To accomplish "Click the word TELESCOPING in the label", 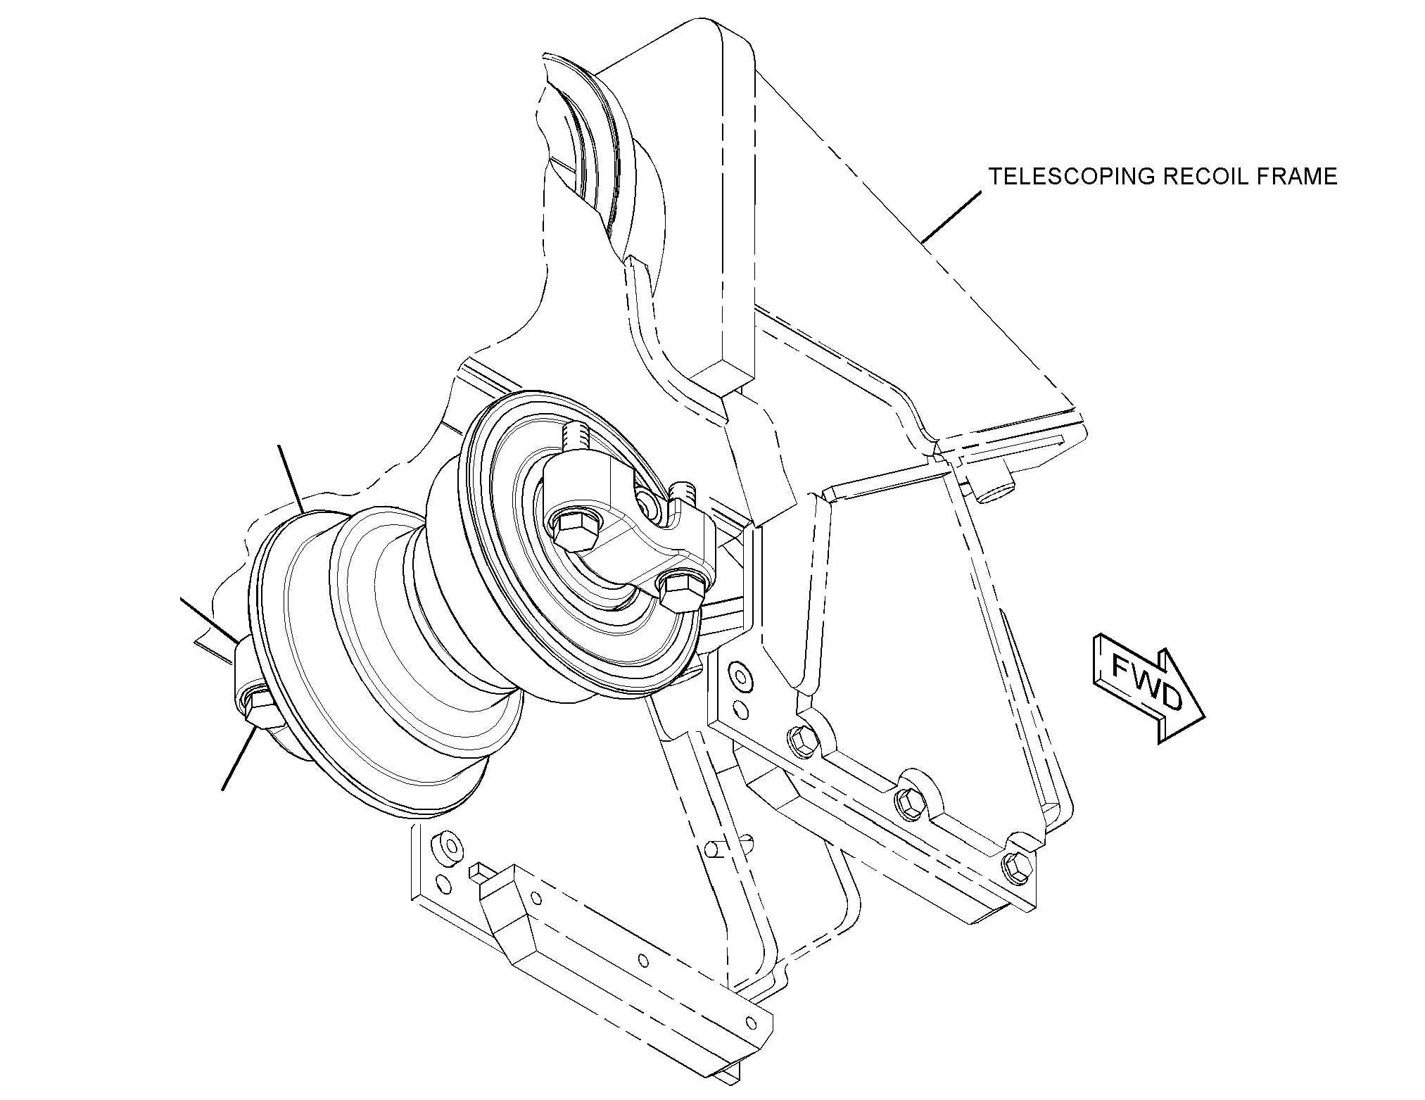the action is [x=1071, y=177].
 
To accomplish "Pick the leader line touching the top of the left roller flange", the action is [x=291, y=479].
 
